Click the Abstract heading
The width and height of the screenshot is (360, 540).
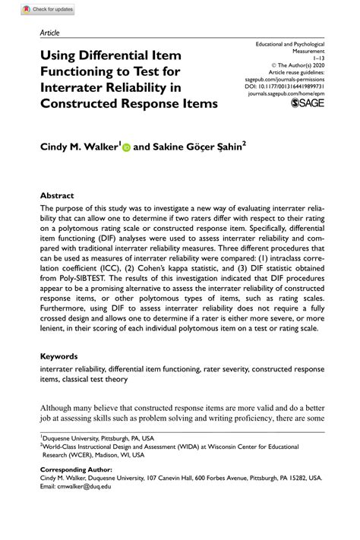[x=57, y=194]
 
